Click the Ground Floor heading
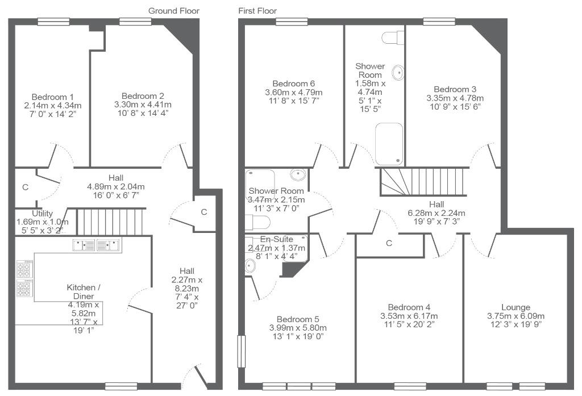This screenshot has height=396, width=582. tap(174, 11)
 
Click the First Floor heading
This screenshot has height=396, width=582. tap(257, 11)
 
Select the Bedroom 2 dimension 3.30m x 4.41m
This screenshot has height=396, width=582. tap(143, 105)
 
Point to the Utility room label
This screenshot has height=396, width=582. tap(42, 214)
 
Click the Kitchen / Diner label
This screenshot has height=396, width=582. tap(84, 291)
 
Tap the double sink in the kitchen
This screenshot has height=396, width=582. tap(97, 245)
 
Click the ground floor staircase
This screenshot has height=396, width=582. tap(110, 222)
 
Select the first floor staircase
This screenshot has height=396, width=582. tap(423, 181)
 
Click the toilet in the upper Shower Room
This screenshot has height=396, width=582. tap(393, 37)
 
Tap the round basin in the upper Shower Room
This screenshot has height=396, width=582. tap(398, 73)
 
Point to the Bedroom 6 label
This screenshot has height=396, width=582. tap(294, 84)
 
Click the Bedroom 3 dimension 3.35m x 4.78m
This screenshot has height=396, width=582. tap(455, 98)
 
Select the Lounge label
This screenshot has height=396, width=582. tap(516, 307)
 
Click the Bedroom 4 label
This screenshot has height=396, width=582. tap(409, 307)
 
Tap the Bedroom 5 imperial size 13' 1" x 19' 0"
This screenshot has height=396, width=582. tap(298, 336)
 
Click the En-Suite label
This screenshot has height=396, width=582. tap(277, 239)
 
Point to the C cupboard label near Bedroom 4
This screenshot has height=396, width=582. tap(389, 243)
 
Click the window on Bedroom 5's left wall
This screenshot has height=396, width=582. tap(242, 351)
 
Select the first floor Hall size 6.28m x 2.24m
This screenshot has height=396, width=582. tap(436, 213)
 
